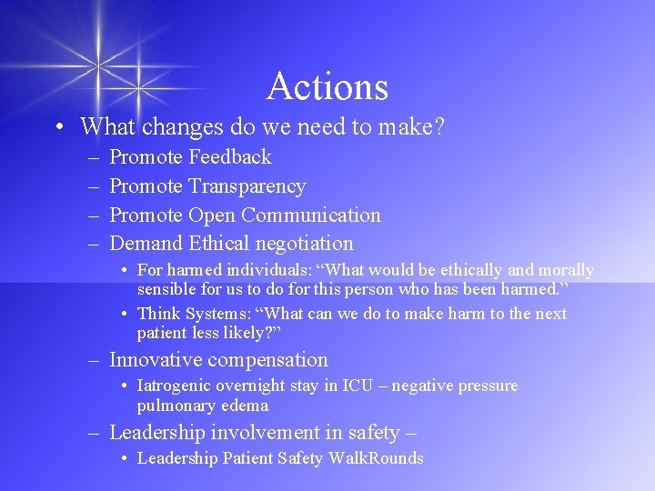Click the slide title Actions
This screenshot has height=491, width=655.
pos(327,86)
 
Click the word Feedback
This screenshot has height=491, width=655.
pos(230,157)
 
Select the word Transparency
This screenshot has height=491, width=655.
pos(247,186)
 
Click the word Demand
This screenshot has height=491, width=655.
pos(146,244)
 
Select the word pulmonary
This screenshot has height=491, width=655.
pos(175,406)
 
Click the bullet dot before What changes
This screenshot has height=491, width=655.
pos(58,127)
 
